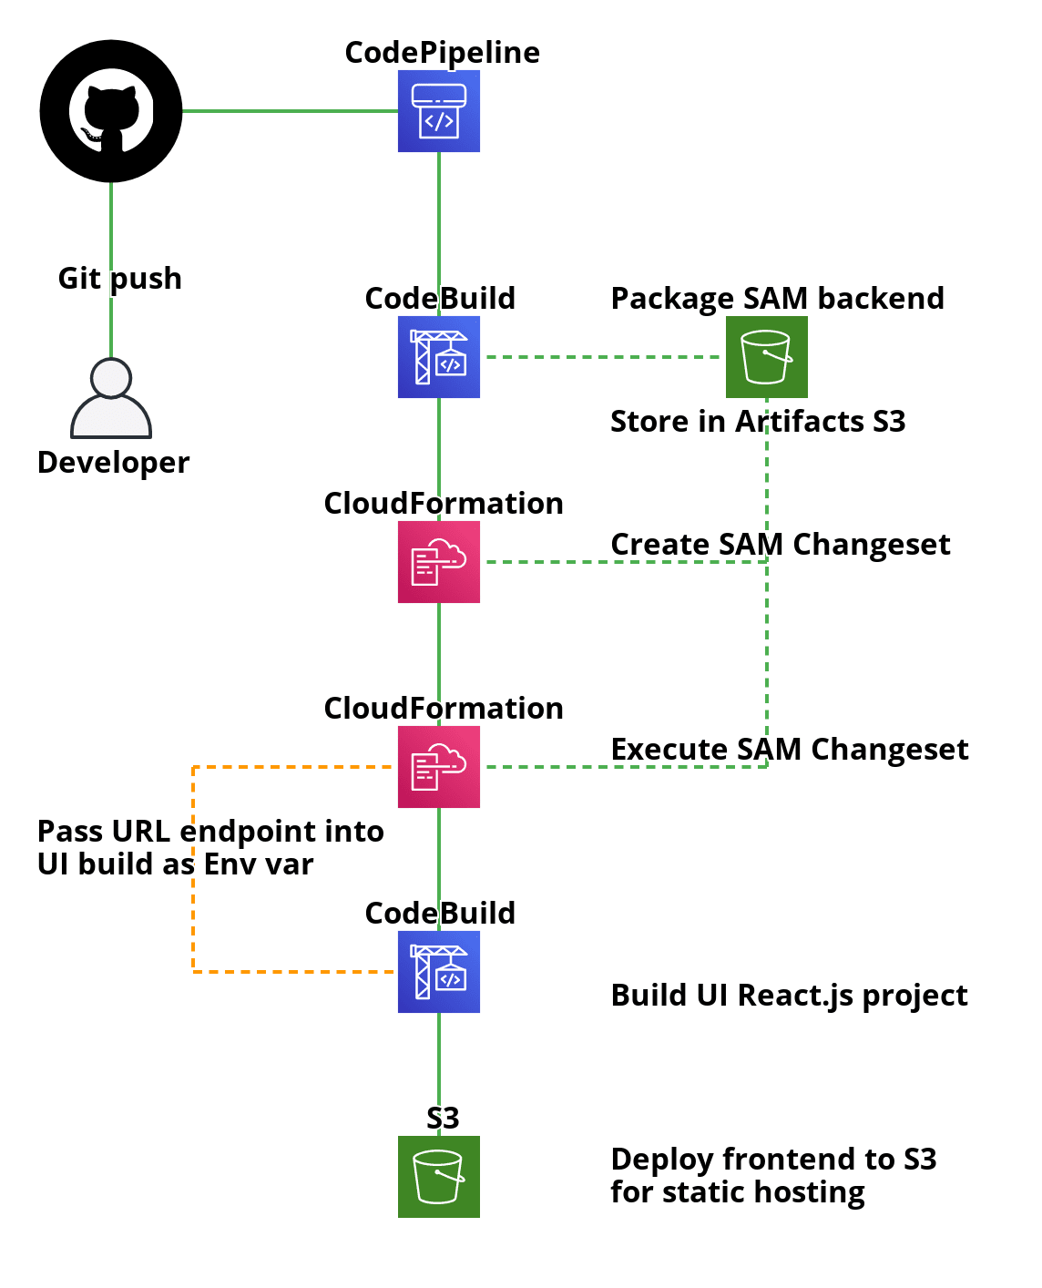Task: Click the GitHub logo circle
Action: [111, 111]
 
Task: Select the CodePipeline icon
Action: [438, 111]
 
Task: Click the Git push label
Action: [119, 278]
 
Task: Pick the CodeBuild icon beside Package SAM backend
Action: [438, 357]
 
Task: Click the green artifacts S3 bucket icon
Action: [766, 357]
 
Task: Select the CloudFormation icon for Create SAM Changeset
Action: [438, 562]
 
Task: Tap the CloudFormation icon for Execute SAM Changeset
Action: [438, 767]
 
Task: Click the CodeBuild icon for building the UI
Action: [438, 972]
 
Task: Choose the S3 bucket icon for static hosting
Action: [438, 1177]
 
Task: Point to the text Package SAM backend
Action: [777, 299]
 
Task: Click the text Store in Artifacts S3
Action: [757, 422]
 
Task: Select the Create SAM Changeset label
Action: [780, 545]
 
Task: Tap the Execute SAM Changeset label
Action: [789, 750]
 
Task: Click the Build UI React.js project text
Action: [789, 996]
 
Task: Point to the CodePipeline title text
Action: [442, 53]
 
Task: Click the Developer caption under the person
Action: [113, 463]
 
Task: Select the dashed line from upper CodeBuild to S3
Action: [601, 357]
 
